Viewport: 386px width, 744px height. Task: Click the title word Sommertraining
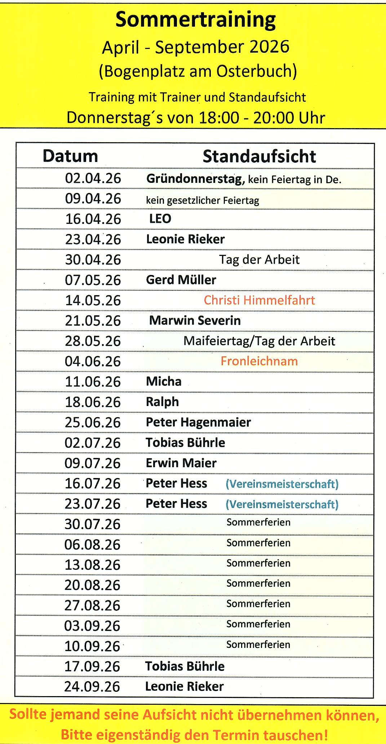point(195,21)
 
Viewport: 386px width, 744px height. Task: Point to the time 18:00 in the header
point(219,118)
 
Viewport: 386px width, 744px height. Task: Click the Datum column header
point(70,156)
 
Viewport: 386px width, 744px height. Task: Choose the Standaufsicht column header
point(259,157)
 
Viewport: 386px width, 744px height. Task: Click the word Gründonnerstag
point(195,179)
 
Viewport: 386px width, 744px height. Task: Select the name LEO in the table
point(160,219)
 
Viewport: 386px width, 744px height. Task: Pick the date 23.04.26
point(93,239)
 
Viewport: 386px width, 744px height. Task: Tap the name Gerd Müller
point(181,280)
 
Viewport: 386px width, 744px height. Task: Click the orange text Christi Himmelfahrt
point(259,300)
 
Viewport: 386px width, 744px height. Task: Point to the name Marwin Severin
point(195,320)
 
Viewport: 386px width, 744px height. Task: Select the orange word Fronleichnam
point(259,361)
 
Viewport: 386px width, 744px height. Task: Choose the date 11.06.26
point(93,382)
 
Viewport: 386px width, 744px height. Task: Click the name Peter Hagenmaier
point(198,422)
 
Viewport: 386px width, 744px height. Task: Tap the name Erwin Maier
point(181,463)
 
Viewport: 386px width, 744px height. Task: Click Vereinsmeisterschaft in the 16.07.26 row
point(282,484)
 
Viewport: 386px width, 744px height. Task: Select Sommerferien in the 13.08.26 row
point(258,563)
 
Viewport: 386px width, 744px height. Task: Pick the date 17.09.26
point(92,666)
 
